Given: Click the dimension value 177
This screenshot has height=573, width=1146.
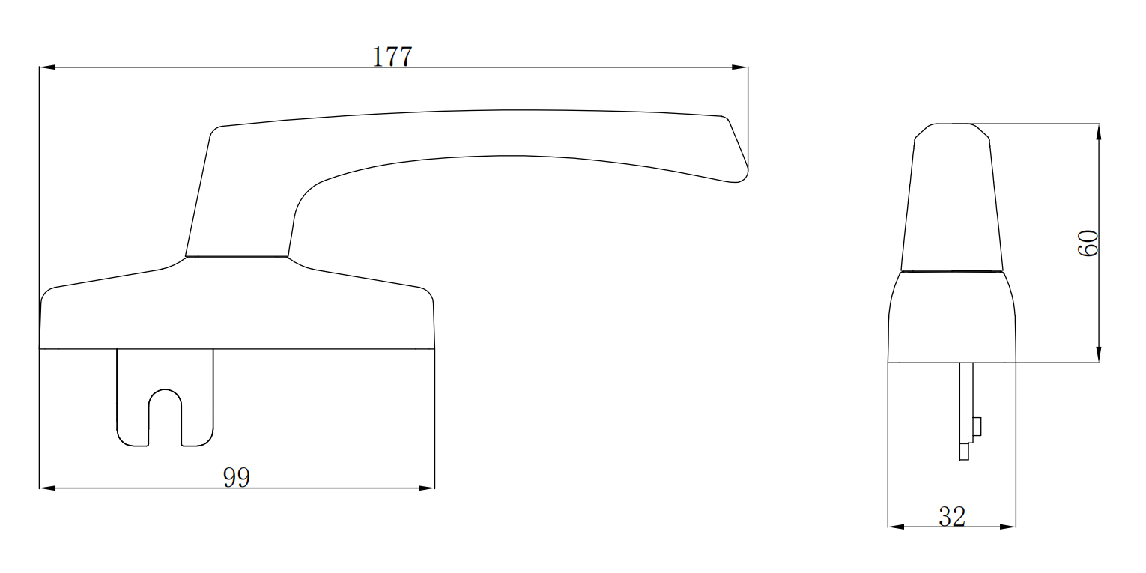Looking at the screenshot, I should pos(392,57).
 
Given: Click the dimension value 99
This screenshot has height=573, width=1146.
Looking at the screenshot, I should pos(237,478).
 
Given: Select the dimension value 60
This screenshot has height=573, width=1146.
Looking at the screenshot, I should pos(1088,243).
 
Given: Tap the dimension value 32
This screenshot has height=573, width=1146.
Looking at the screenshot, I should pos(952,516).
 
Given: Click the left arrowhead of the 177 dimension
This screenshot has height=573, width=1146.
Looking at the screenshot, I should pos(47,67).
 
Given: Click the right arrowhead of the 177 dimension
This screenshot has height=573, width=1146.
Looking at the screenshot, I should pos(739,67).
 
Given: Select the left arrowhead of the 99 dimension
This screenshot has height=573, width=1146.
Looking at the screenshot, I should pos(47,488).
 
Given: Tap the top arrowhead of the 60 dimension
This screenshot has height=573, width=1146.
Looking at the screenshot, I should pos(1098,132).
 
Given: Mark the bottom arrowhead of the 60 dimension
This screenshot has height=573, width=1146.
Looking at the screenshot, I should pos(1098,354).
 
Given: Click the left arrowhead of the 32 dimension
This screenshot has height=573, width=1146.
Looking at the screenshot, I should pos(896,527).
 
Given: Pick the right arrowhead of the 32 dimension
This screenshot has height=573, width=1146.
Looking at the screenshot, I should pos(1007,527).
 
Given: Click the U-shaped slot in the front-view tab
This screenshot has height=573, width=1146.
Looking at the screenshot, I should pos(166,416).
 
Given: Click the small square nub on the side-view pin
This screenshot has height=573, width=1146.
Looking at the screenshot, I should pos(976,426).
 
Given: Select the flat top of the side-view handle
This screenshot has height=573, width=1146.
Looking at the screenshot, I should pos(952,124).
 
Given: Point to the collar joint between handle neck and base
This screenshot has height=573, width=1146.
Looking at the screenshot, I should pos(237,257).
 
